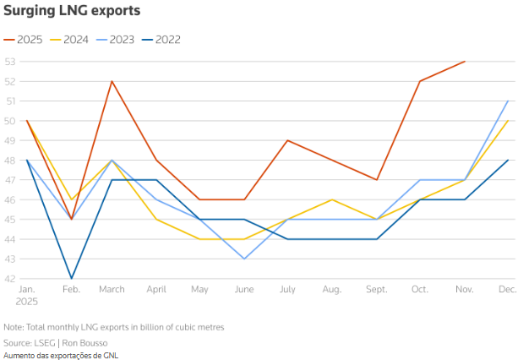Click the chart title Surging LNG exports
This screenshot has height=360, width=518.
(x=72, y=11)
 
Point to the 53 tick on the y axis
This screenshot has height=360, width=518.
(x=10, y=62)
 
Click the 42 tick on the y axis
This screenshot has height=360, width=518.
(x=10, y=278)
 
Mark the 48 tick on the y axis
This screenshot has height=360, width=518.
(x=10, y=161)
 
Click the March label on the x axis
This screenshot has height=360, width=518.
(x=112, y=290)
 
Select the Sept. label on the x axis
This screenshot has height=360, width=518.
(x=377, y=290)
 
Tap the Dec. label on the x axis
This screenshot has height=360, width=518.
(x=507, y=290)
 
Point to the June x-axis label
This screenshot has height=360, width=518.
(x=244, y=290)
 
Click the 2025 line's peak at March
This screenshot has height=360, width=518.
(x=112, y=81)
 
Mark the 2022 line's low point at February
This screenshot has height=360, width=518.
(x=71, y=278)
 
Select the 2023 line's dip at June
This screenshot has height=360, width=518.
(x=244, y=259)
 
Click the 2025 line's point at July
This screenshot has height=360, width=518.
(x=288, y=140)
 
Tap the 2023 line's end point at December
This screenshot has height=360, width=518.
(x=508, y=101)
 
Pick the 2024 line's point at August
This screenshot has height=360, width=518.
(x=332, y=199)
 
